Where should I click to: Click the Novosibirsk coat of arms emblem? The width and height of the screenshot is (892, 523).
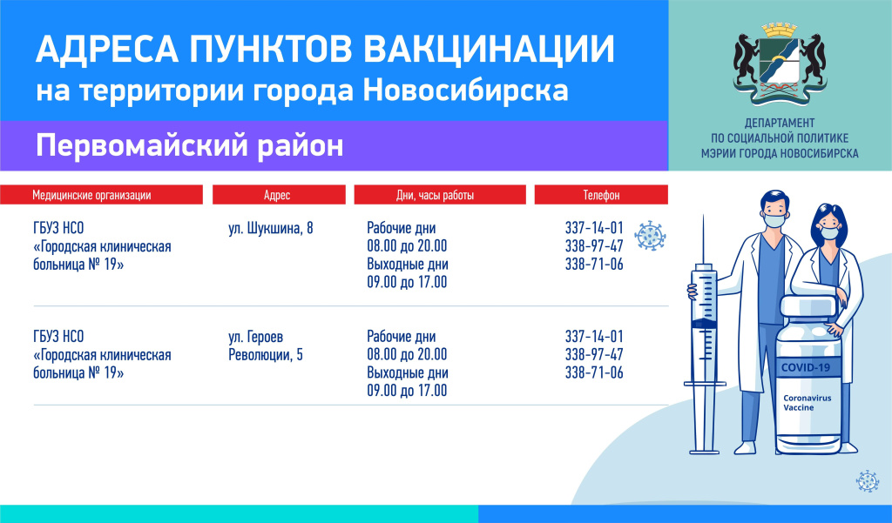[780, 64]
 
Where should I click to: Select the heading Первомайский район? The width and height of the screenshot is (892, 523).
[189, 145]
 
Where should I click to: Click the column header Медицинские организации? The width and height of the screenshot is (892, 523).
[91, 195]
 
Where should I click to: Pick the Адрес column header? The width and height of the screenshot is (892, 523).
[277, 195]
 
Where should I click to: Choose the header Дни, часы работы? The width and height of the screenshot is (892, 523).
[436, 195]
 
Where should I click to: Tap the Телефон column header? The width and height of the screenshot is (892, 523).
[601, 195]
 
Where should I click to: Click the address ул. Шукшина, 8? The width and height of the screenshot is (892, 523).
[271, 229]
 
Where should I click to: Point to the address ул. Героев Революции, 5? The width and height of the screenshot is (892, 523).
[266, 345]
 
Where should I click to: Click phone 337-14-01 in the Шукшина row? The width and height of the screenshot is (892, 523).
[594, 228]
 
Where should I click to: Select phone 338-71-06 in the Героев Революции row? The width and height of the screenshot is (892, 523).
[594, 372]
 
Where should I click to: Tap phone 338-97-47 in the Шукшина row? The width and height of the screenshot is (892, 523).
[594, 246]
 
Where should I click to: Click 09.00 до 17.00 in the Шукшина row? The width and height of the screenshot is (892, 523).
[407, 282]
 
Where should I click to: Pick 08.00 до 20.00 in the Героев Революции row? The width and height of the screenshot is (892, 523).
[407, 354]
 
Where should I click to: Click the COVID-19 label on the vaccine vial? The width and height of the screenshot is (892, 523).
[806, 367]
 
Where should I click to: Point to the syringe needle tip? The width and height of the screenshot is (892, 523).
[703, 216]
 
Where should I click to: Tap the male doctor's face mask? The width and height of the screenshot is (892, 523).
[774, 220]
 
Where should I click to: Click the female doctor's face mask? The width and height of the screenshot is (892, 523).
[830, 232]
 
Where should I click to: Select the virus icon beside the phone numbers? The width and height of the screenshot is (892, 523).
[650, 236]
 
